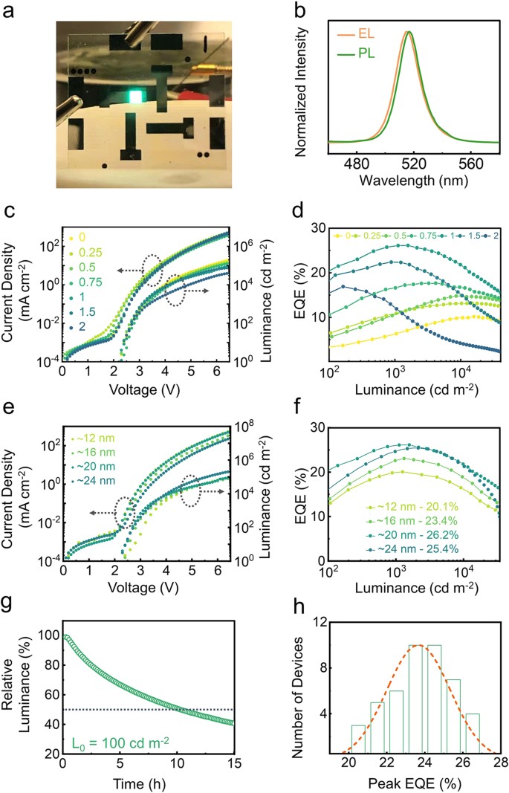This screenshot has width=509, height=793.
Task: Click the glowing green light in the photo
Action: coord(136,97)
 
